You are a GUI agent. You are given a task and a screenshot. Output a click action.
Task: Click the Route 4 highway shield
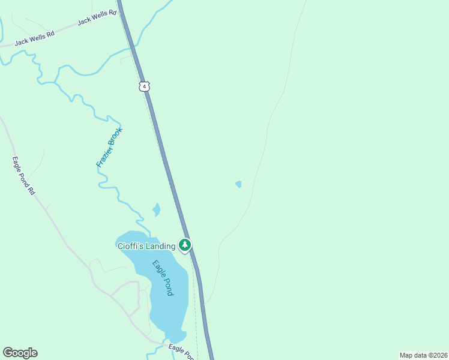[x=143, y=86]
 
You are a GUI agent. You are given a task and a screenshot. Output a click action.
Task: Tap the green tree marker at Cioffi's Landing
[x=185, y=245]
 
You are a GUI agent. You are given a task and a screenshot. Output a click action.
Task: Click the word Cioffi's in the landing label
[x=130, y=245]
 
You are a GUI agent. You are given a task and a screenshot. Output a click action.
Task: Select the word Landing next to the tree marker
[x=161, y=245]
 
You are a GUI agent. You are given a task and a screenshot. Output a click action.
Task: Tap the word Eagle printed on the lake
[x=158, y=267]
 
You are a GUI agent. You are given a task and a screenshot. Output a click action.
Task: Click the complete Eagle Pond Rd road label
[x=24, y=176]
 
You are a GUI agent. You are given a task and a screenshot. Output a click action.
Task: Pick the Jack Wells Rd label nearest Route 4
[x=96, y=20]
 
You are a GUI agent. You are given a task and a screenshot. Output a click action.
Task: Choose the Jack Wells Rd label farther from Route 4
[x=34, y=38]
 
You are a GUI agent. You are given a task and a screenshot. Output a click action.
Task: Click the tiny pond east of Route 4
[x=239, y=184]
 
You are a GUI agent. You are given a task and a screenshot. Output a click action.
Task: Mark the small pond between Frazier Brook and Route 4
[x=156, y=210]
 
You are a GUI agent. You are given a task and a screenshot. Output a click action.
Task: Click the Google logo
[x=20, y=353]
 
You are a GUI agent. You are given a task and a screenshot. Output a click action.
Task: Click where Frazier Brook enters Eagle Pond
[x=148, y=234]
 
